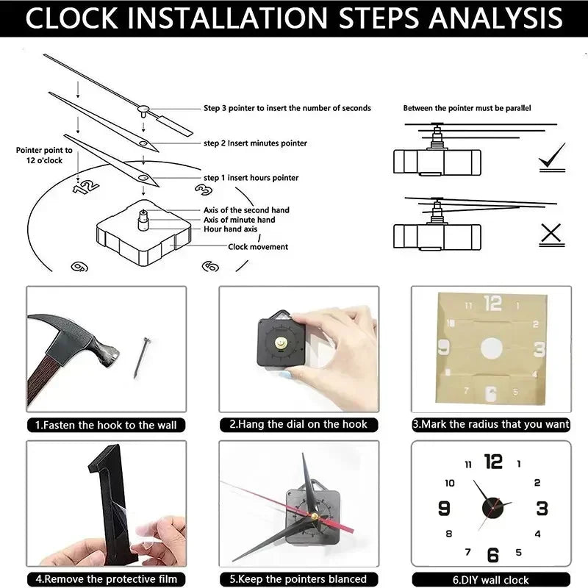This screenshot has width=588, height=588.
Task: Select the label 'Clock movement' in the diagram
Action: (258, 247)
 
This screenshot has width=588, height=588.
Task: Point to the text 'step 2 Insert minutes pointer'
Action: (255, 143)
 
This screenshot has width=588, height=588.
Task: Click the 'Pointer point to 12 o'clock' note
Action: (44, 154)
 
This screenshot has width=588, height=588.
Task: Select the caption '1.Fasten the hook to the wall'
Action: (106, 425)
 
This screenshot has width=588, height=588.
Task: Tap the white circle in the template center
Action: (490, 348)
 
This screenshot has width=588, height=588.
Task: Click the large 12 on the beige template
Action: (492, 303)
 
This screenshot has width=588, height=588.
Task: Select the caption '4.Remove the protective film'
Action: (106, 579)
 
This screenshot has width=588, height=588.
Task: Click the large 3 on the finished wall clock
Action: (542, 509)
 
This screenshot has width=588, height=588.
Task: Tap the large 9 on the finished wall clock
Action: (444, 509)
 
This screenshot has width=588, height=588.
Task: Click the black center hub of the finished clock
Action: (490, 507)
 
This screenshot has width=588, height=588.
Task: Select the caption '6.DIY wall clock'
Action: (490, 579)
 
